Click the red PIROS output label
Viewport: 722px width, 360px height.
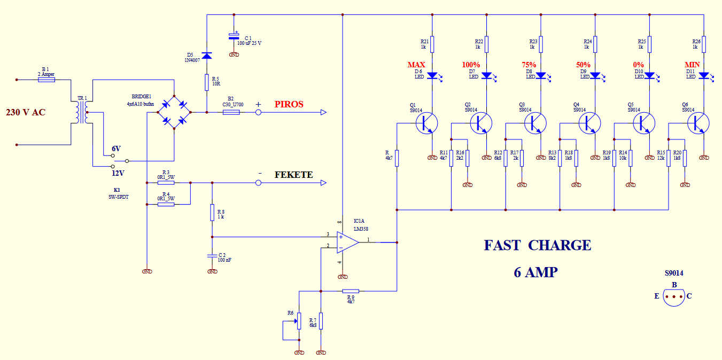(289, 104)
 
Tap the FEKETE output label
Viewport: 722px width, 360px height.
(293, 175)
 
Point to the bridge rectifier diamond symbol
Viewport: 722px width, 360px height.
(174, 112)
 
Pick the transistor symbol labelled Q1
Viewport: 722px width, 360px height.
(427, 123)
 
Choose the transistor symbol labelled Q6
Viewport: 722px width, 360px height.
(698, 123)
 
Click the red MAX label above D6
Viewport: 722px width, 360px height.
(416, 65)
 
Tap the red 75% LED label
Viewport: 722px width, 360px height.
(529, 65)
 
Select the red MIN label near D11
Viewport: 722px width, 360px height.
(693, 65)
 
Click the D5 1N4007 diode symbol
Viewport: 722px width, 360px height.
(207, 56)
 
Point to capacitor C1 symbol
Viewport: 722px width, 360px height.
(234, 36)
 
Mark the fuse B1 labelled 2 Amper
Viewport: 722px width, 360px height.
(46, 80)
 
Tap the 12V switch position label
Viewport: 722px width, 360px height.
(118, 173)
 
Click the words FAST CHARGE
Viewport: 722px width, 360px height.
(537, 245)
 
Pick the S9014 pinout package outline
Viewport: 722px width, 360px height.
(674, 297)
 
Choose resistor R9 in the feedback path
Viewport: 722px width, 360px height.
(351, 291)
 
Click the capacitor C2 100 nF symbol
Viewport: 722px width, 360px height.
(212, 255)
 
